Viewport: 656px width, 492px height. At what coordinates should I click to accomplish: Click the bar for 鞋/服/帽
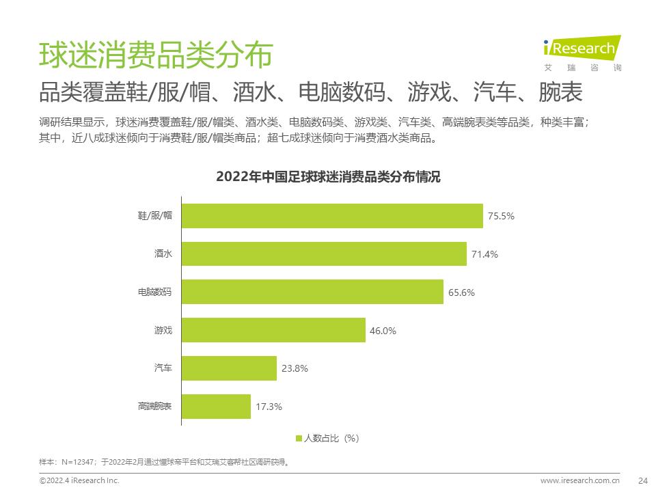[332, 216]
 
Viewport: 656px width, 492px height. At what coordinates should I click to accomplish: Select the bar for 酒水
[324, 254]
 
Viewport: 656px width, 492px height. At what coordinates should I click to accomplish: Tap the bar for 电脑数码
[313, 292]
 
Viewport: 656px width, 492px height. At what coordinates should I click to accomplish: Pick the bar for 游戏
[273, 331]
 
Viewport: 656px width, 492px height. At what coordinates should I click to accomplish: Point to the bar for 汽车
[229, 368]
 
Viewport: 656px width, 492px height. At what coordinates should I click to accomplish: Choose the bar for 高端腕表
[216, 407]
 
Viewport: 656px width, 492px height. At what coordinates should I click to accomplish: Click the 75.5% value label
[501, 216]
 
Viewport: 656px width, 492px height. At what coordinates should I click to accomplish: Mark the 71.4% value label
[484, 254]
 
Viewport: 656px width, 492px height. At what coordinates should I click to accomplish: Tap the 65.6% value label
[461, 292]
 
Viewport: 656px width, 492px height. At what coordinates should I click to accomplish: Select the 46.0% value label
[383, 331]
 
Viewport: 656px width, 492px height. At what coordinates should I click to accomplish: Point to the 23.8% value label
[295, 368]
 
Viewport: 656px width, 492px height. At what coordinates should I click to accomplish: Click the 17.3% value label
[269, 407]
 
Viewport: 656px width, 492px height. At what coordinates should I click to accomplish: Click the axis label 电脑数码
[154, 292]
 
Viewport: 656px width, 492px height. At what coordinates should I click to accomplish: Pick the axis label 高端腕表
[154, 407]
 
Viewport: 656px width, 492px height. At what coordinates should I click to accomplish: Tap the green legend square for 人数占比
[299, 438]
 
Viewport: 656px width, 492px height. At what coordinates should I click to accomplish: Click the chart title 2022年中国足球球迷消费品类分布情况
[328, 177]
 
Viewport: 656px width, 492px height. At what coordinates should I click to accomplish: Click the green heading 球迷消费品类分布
[155, 55]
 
